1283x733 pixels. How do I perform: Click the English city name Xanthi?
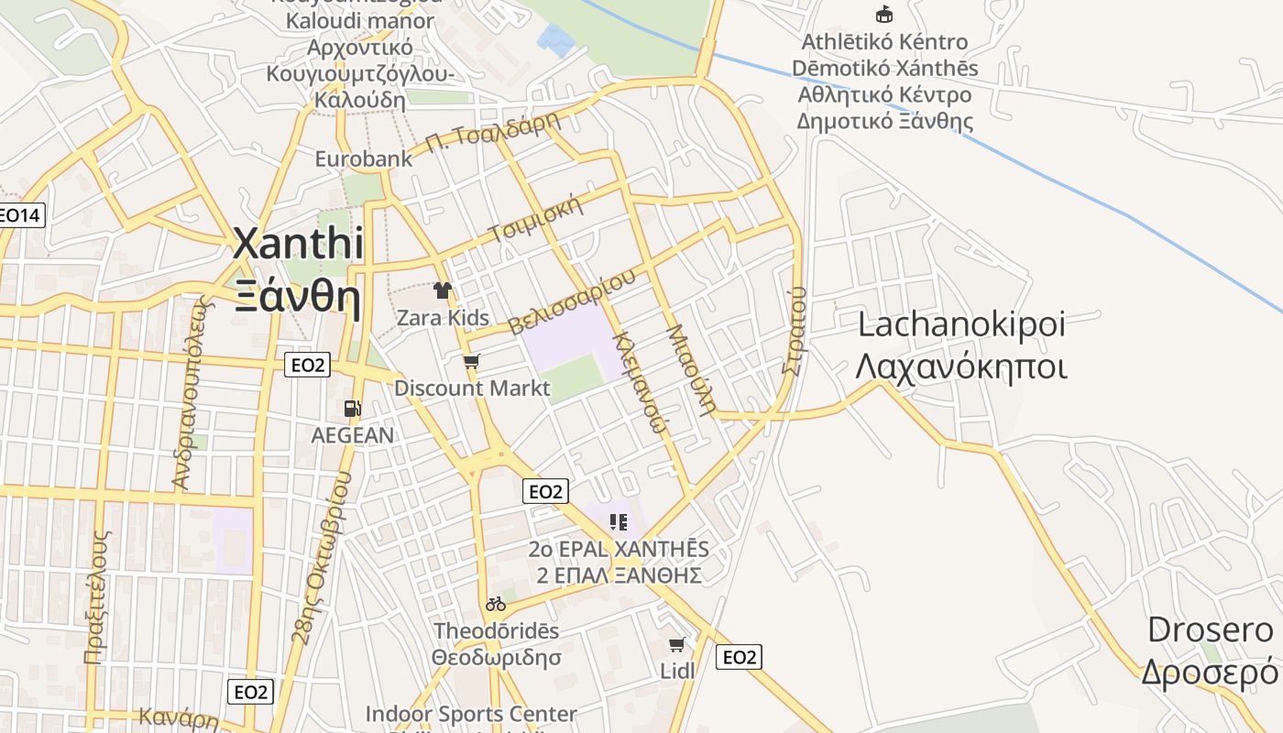[x=298, y=245]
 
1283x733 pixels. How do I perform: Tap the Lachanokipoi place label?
[x=961, y=325]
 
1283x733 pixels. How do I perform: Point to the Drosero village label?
[x=1210, y=630]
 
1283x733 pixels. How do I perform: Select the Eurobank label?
[x=364, y=159]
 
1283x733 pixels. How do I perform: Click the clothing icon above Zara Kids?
[x=443, y=290]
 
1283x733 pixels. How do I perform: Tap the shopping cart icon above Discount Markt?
[x=472, y=362]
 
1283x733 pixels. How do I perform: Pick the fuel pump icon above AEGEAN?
[x=352, y=409]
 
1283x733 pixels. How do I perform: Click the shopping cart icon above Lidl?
[x=677, y=645]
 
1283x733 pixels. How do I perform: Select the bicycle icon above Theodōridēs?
[x=496, y=604]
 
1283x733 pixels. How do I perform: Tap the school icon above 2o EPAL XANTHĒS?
[x=619, y=522]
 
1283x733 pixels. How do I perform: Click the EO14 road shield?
[x=20, y=216]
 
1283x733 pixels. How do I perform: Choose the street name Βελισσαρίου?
[x=572, y=303]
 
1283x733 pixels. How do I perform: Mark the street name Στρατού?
[x=795, y=330]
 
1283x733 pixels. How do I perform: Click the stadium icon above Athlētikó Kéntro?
[x=884, y=14]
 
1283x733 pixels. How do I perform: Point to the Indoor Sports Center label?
[x=471, y=714]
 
